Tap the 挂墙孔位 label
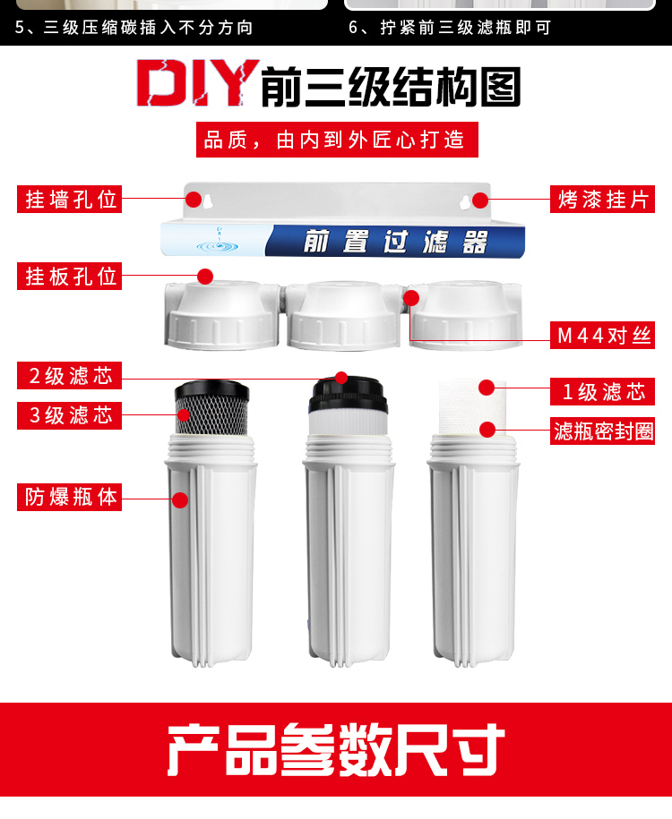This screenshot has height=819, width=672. point(70,199)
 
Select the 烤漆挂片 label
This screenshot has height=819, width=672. point(601,199)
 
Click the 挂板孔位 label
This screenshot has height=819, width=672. point(70,276)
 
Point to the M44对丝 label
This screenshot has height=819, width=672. point(601,337)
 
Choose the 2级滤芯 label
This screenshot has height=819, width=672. point(70,375)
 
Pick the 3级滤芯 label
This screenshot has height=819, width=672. point(70,415)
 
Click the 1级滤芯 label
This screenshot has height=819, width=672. point(601,391)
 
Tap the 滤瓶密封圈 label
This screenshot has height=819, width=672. point(603,431)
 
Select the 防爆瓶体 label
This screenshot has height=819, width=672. point(70,497)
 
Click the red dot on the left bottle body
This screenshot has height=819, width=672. point(180,500)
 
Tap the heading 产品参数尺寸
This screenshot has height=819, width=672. point(336,749)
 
